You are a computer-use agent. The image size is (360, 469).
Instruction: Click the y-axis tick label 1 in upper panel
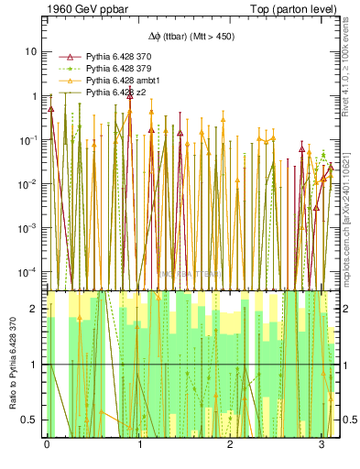tap(36, 96)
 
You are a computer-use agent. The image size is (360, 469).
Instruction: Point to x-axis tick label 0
tap(48, 446)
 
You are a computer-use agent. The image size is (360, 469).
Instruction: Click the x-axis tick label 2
tap(230, 446)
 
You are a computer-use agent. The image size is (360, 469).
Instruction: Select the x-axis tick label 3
tap(322, 446)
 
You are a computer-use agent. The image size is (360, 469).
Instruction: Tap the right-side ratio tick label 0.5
tap(346, 420)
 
